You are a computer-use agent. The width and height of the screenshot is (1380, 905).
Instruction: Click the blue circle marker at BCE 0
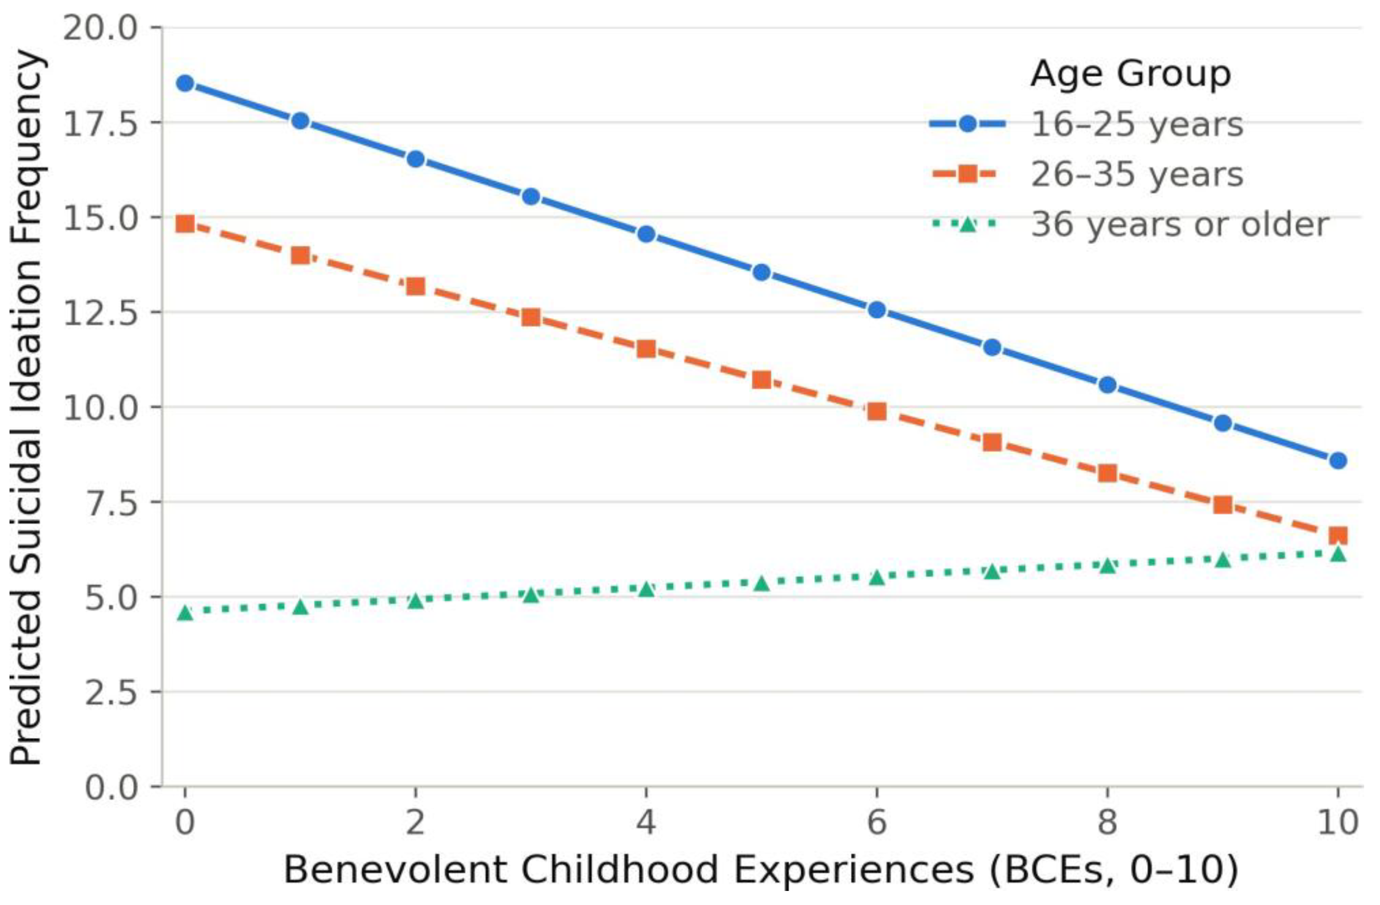click(185, 83)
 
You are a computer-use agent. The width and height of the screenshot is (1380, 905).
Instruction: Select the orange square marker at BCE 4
click(646, 349)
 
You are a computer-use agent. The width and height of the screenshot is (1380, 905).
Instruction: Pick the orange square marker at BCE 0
click(185, 224)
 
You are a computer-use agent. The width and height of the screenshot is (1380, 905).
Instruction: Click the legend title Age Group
click(1130, 74)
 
